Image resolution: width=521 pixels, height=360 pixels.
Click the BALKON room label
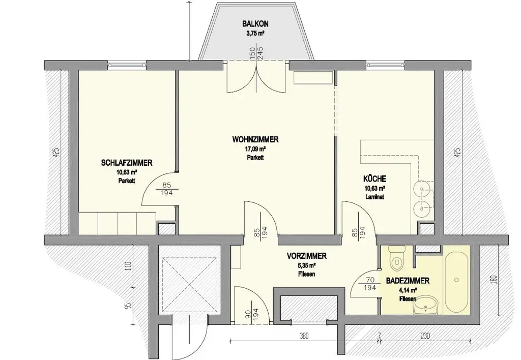pos(255,24)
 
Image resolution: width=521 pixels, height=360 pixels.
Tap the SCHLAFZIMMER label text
pos(127,163)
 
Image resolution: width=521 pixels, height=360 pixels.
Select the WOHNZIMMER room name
pos(255,140)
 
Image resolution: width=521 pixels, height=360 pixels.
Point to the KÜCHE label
pos(374,178)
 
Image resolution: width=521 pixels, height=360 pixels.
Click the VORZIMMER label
pos(306,256)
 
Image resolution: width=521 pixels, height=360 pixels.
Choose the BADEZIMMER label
pos(408,280)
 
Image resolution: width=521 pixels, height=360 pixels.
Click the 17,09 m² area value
pos(255,149)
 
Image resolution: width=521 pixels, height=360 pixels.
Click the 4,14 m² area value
pos(407,290)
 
